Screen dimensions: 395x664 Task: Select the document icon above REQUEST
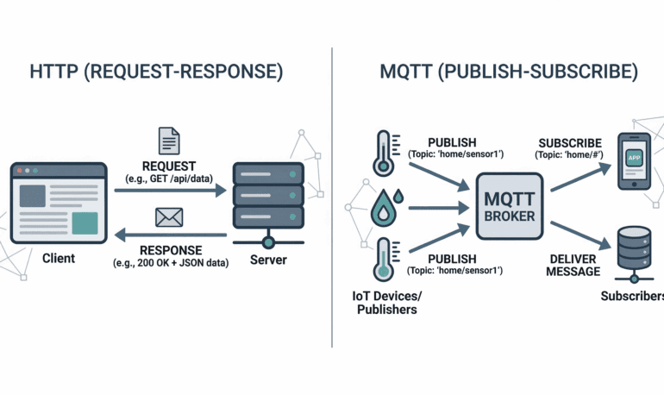point(169,141)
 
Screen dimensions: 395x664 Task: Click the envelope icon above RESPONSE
point(168,217)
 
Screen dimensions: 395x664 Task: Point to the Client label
point(58,258)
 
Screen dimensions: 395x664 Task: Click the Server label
point(268,259)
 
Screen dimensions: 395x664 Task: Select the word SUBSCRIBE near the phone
point(570,141)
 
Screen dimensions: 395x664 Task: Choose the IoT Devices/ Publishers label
point(386,303)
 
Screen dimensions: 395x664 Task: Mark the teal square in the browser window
point(84,223)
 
